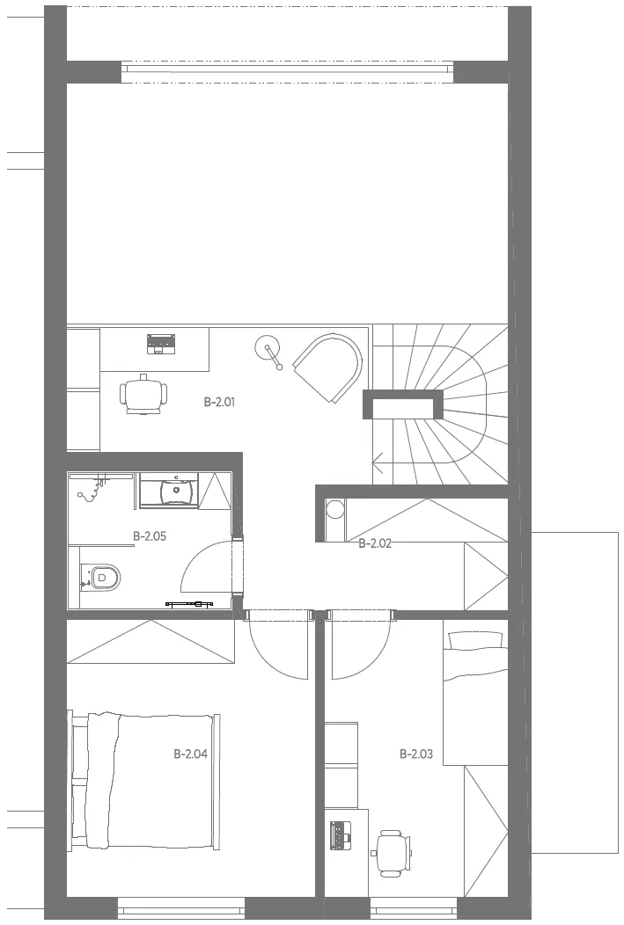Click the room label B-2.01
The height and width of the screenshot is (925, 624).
[x=220, y=403]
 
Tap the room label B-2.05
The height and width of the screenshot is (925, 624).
[x=150, y=536]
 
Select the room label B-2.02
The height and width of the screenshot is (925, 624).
[x=375, y=543]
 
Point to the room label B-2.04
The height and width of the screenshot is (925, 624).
[x=191, y=754]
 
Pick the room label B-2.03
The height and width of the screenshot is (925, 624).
[x=416, y=754]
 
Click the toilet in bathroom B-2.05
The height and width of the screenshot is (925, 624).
[x=101, y=577]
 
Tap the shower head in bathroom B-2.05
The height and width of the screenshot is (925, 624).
[x=89, y=491]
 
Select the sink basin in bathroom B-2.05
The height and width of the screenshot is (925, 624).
[x=177, y=489]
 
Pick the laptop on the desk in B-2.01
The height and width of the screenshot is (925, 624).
[x=161, y=344]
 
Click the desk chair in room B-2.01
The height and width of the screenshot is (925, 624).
[x=143, y=394]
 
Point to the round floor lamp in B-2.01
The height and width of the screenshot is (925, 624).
[x=268, y=351]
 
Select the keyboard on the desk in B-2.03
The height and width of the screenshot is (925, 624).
[x=340, y=834]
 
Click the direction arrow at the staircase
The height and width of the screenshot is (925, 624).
[x=378, y=463]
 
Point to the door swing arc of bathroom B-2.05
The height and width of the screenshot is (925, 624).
[x=201, y=559]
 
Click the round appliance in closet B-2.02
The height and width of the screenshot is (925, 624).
[x=336, y=509]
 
